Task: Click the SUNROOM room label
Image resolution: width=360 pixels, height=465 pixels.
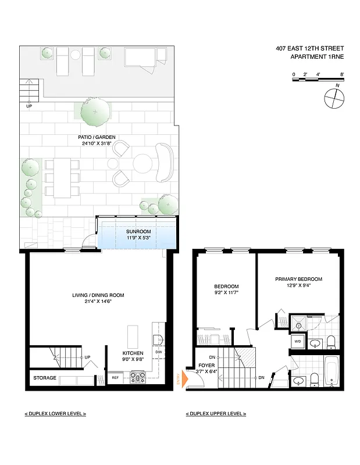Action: coord(138,231)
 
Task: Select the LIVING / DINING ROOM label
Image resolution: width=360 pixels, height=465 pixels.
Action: coord(98,295)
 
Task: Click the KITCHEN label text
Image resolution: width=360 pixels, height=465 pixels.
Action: coord(133,353)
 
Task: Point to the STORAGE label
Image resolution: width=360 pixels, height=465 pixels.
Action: coord(45,378)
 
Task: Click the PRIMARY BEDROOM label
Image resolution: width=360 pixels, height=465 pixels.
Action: coord(298,279)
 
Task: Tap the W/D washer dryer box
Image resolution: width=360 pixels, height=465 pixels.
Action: coord(297,341)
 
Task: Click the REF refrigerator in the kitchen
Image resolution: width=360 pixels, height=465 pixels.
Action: coord(116,378)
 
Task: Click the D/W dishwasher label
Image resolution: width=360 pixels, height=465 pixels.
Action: coord(158,352)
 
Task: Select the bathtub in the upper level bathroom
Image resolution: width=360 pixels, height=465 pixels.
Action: coord(333,371)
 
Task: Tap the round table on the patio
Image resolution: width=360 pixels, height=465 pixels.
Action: coord(142,163)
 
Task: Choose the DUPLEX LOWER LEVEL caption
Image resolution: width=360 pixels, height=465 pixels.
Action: coord(55,413)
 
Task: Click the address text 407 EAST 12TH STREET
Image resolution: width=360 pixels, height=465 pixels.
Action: coord(310,49)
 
